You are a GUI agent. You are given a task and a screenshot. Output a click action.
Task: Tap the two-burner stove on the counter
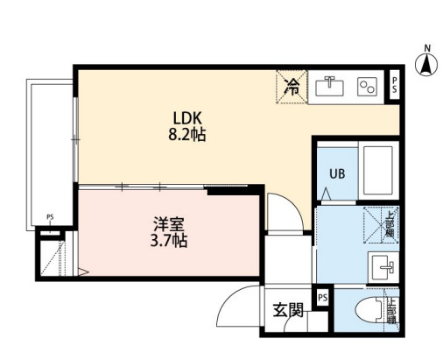tap(368, 86)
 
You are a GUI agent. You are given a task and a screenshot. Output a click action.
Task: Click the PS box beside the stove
tap(395, 85)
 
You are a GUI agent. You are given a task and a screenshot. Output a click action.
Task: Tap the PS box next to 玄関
tap(323, 298)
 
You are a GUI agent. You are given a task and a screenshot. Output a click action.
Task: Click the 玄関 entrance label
tap(287, 310)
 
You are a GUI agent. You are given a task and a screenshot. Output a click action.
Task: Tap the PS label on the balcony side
tap(51, 218)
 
